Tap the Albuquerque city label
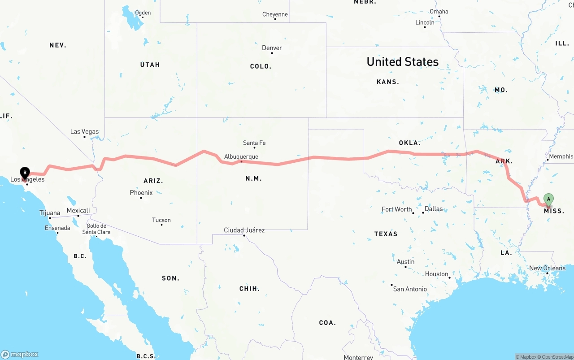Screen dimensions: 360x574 coord(241,157)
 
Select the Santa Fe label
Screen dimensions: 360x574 coord(254,143)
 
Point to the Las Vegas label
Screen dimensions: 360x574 coord(84,132)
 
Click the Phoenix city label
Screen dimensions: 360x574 coord(141,193)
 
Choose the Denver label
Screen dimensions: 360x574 coord(272,48)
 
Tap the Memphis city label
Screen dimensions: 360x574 coord(561,156)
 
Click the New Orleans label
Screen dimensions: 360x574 coord(547,268)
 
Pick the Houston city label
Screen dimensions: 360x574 coord(437,274)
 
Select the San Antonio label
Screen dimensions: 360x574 coord(410,289)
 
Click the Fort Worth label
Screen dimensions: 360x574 coord(397,209)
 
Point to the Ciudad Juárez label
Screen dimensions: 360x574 coord(244,230)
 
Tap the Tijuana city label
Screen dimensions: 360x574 coord(50,213)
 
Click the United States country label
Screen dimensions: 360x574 coord(403,62)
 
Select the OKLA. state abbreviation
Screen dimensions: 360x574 coord(409,143)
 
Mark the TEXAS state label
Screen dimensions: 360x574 coord(386,234)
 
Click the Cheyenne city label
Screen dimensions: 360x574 coord(275,14)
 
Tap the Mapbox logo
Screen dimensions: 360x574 coord(20,354)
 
